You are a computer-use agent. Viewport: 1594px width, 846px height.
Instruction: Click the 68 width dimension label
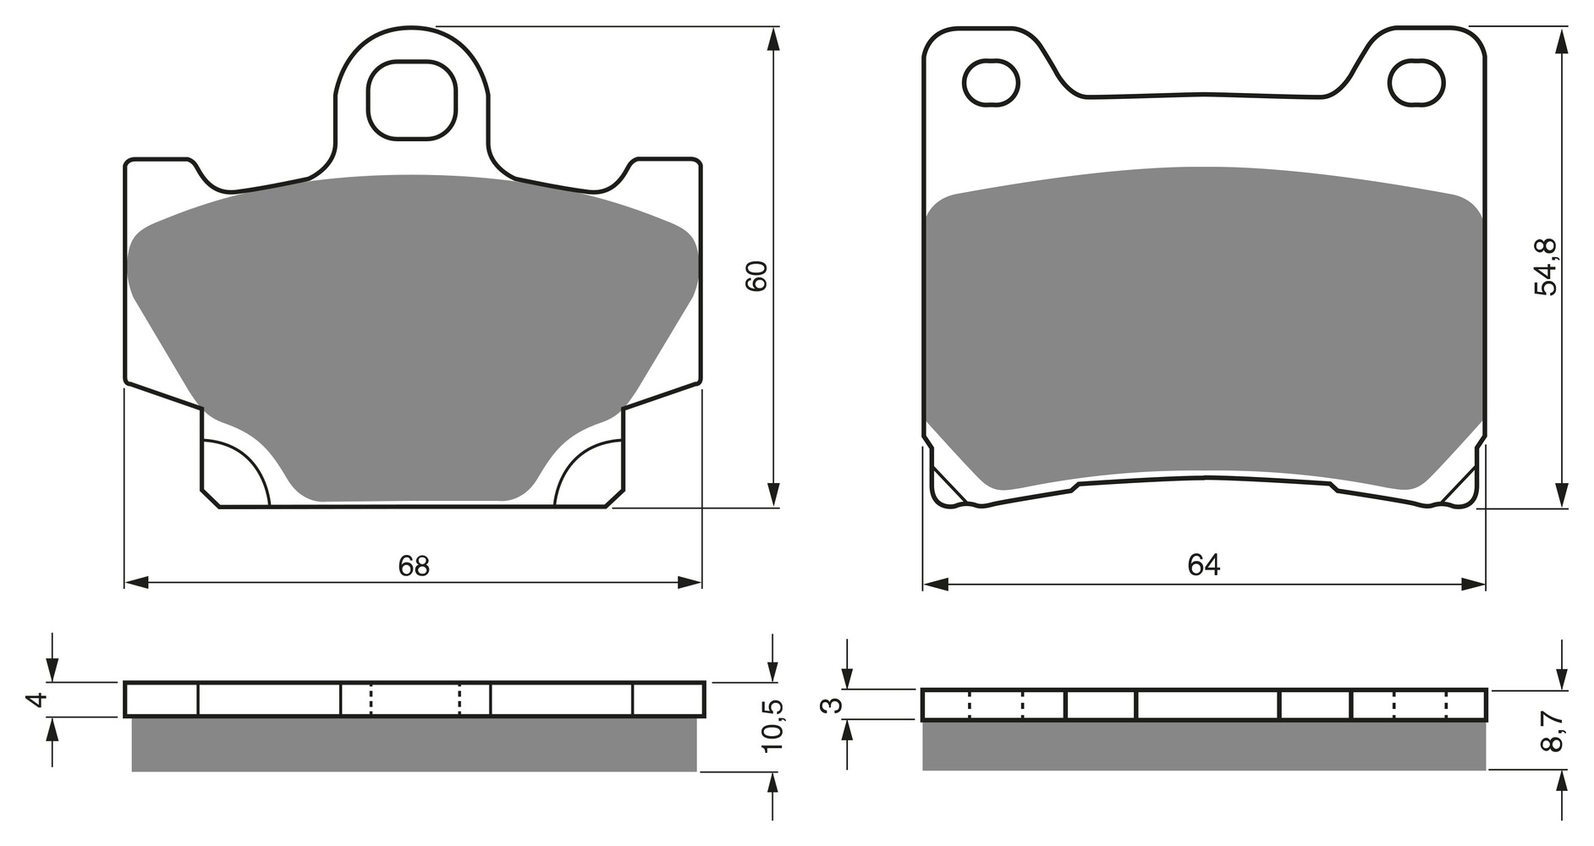pyautogui.click(x=414, y=566)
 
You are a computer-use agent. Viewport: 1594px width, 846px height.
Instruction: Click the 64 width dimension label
pyautogui.click(x=1203, y=565)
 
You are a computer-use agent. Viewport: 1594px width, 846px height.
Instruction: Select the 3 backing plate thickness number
pyautogui.click(x=835, y=705)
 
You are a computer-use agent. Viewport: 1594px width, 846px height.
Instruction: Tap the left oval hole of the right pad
pyautogui.click(x=991, y=82)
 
